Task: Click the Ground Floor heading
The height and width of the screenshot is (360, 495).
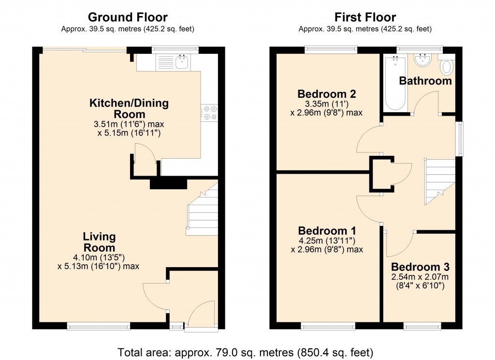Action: [128, 18]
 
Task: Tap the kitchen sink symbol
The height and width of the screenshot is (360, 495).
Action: [182, 62]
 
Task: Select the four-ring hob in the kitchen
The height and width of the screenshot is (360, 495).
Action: [210, 112]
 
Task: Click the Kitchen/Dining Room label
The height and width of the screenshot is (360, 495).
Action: [129, 108]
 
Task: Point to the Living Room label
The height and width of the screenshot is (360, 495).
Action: [99, 242]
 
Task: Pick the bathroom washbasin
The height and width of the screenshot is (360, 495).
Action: [423, 60]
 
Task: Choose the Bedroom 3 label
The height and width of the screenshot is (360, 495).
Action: [420, 267]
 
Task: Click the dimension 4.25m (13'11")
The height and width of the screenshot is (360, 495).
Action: [327, 240]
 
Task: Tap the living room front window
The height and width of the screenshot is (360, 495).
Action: [99, 327]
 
